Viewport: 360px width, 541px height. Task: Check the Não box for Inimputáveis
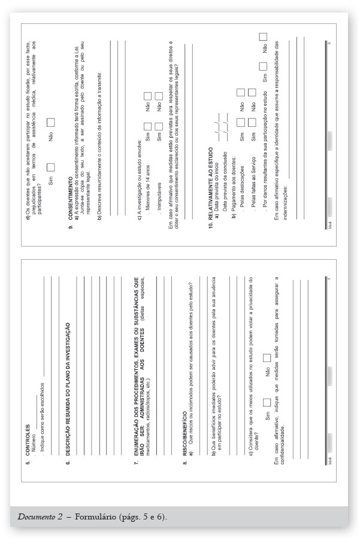tap(159, 95)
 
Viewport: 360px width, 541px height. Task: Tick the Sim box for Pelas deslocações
tap(240, 122)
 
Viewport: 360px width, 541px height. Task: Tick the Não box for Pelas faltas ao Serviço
tap(252, 106)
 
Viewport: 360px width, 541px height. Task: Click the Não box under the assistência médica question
tap(50, 122)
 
